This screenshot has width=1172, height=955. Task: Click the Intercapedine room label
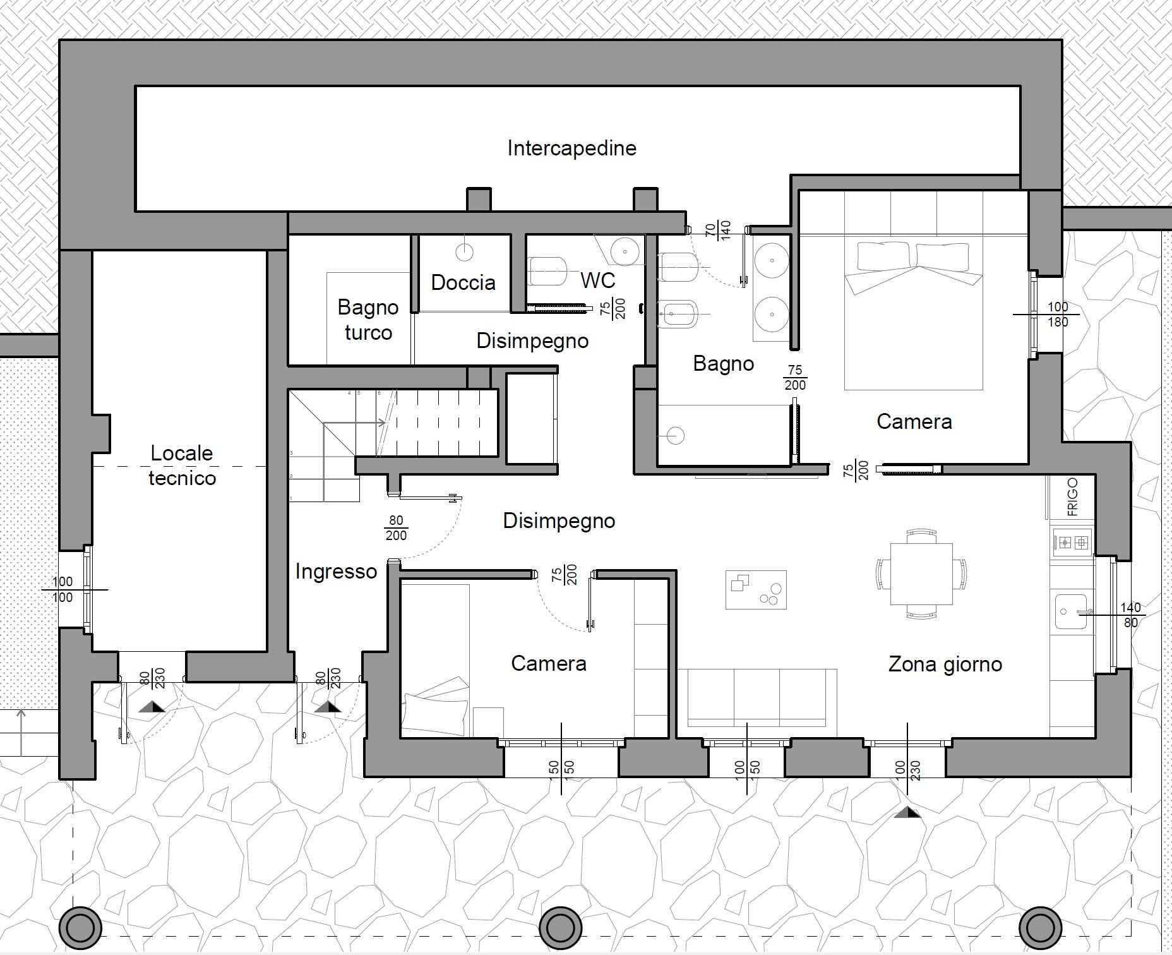point(571,148)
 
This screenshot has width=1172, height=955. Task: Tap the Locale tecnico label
point(182,465)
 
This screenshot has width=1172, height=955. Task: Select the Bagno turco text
point(368,320)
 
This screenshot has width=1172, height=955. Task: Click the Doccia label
point(463,282)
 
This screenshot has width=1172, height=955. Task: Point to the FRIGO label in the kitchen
point(1072,497)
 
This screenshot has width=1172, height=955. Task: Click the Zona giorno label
point(945,664)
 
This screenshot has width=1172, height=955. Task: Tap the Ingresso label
point(336,572)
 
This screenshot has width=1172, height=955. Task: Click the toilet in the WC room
point(546,271)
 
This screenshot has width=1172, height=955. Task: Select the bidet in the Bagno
point(678,314)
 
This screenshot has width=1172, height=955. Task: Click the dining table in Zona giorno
point(921,574)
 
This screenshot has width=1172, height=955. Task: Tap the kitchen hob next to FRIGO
point(1073,542)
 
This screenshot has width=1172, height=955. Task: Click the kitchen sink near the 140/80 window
point(1072,611)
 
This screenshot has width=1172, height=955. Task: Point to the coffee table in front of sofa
point(756,590)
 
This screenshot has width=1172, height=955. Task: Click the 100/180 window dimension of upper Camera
point(1058,314)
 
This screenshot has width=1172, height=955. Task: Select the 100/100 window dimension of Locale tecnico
point(63,589)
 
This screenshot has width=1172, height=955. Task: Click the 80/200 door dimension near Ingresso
point(396,528)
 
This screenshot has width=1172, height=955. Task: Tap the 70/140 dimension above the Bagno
point(718,229)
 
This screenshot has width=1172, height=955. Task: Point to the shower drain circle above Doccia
point(464,252)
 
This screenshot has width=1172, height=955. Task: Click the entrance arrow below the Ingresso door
point(328,706)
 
